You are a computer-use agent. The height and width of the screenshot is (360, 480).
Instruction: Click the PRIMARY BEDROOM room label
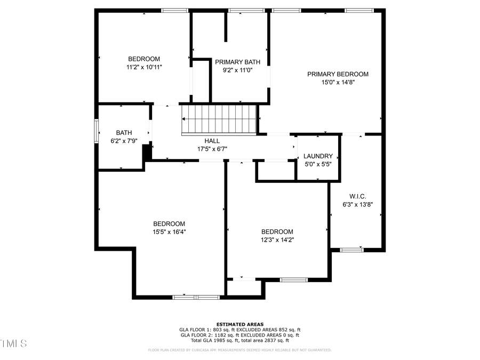point(338,74)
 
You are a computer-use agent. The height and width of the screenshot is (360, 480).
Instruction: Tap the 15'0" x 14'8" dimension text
point(338,83)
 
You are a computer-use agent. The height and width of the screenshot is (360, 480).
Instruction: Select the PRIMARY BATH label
point(237,62)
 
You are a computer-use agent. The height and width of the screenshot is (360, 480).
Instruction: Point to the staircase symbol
point(220,120)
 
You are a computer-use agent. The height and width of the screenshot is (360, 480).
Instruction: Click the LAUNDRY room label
point(318,156)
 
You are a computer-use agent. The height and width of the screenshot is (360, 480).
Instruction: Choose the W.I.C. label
point(357,196)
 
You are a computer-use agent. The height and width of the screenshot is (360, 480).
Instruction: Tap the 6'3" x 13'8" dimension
point(357,204)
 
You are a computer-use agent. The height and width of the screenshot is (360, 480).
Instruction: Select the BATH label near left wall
point(124,133)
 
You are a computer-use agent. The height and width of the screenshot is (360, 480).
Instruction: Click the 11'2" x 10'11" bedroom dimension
point(144,67)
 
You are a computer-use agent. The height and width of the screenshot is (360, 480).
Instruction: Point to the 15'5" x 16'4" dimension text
point(169,232)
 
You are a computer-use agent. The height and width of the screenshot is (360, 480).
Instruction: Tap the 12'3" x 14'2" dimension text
point(277,240)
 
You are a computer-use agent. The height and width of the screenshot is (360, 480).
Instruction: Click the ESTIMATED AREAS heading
point(239,324)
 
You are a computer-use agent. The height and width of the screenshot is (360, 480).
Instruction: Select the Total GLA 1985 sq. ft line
point(239,340)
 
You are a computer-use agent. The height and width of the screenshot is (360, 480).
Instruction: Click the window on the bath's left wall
point(97,131)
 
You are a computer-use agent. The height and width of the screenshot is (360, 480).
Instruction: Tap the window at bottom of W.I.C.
point(352,250)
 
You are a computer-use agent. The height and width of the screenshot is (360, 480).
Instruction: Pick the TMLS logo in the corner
point(14,342)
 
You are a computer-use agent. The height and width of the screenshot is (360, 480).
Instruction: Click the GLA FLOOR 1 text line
point(239,330)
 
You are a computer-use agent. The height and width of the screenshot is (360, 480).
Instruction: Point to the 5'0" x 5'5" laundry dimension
point(318,164)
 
